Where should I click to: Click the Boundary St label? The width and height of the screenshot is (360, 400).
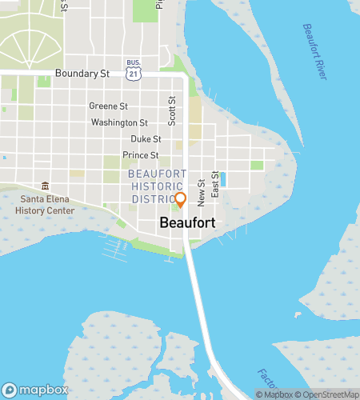[82, 74]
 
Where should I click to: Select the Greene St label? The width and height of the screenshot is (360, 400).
[108, 106]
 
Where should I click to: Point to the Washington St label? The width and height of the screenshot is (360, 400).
[119, 122]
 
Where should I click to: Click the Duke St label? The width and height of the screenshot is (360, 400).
[134, 138]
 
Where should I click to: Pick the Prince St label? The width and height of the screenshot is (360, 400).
[141, 155]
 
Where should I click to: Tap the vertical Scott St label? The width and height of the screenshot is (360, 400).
[172, 111]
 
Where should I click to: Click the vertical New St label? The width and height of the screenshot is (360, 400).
[202, 189]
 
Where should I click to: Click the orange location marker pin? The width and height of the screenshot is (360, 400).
[180, 199]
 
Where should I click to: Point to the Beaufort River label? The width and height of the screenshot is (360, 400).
[314, 52]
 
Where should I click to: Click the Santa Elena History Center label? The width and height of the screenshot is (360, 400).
[45, 205]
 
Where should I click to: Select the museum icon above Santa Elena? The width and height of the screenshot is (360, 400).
[45, 186]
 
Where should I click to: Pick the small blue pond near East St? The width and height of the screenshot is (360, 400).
[222, 179]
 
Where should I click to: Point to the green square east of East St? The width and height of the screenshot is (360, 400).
[257, 166]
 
